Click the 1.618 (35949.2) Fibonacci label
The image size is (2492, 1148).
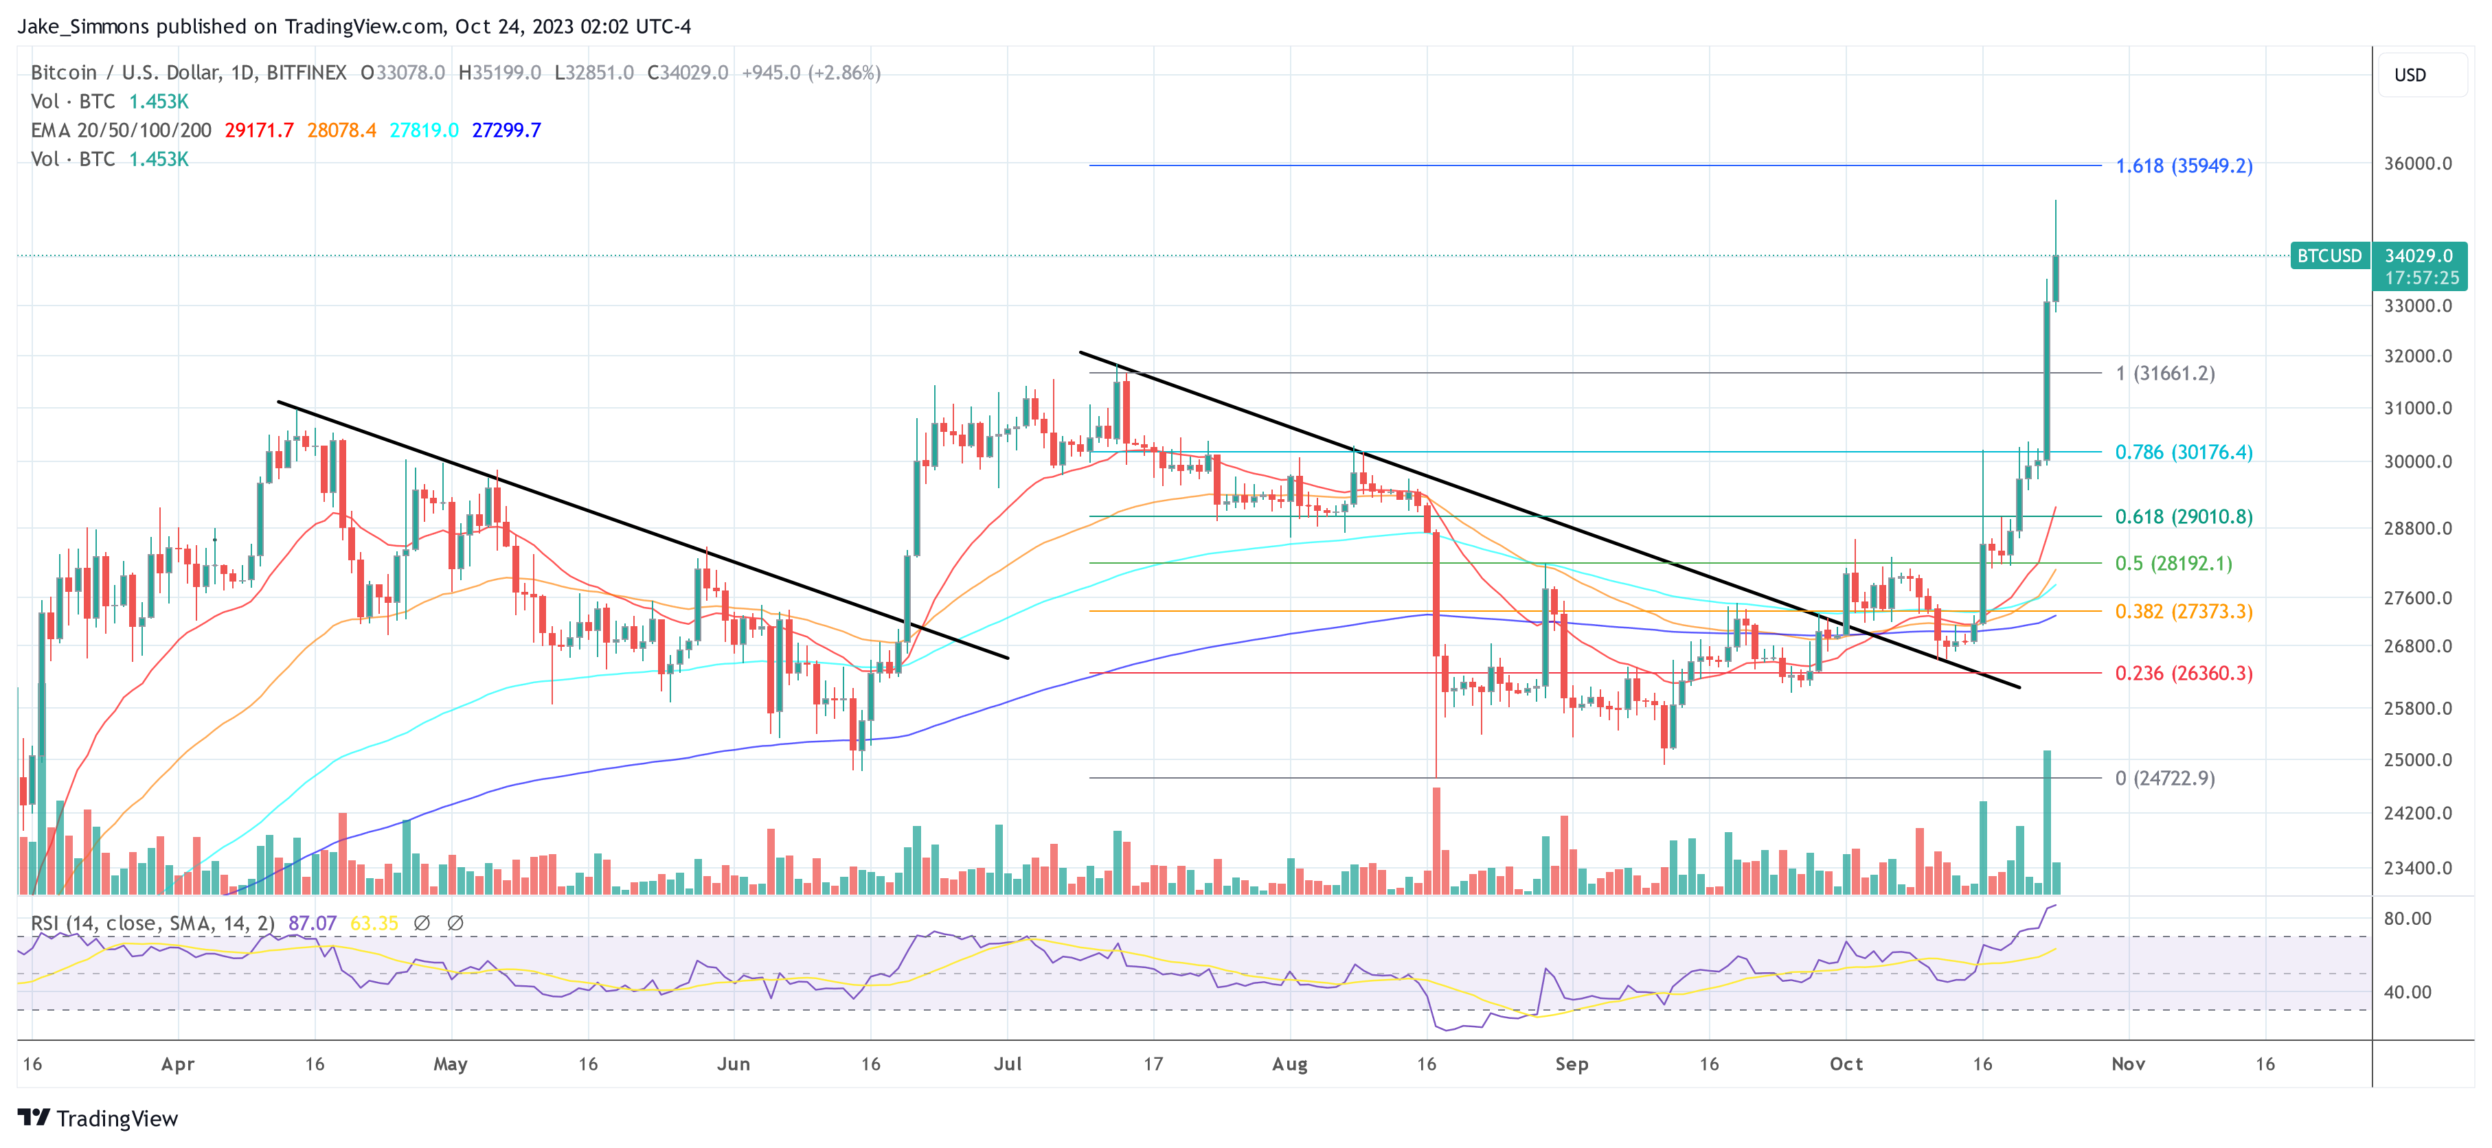tap(2184, 165)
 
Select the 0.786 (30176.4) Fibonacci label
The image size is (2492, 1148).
tap(2184, 452)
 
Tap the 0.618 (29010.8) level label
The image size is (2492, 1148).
tap(2184, 516)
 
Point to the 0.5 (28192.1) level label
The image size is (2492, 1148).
tap(2173, 563)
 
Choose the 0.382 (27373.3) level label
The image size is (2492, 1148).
tap(2184, 611)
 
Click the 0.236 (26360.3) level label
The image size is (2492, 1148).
tap(2184, 673)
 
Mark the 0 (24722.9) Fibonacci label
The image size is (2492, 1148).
tap(2164, 778)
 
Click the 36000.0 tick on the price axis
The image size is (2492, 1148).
tap(2418, 163)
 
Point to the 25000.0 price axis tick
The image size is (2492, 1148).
tap(2418, 759)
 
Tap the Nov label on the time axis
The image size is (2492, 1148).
tap(2128, 1064)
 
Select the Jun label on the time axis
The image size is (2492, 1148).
tap(734, 1064)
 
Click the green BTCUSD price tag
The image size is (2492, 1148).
tap(2329, 255)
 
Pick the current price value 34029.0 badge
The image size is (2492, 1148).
tap(2419, 255)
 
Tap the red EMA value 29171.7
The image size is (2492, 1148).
tap(258, 130)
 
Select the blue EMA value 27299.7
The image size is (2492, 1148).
tap(506, 130)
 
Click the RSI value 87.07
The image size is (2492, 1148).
tap(312, 923)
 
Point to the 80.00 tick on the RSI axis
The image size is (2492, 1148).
tap(2407, 918)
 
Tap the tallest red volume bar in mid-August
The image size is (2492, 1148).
tap(1436, 841)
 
